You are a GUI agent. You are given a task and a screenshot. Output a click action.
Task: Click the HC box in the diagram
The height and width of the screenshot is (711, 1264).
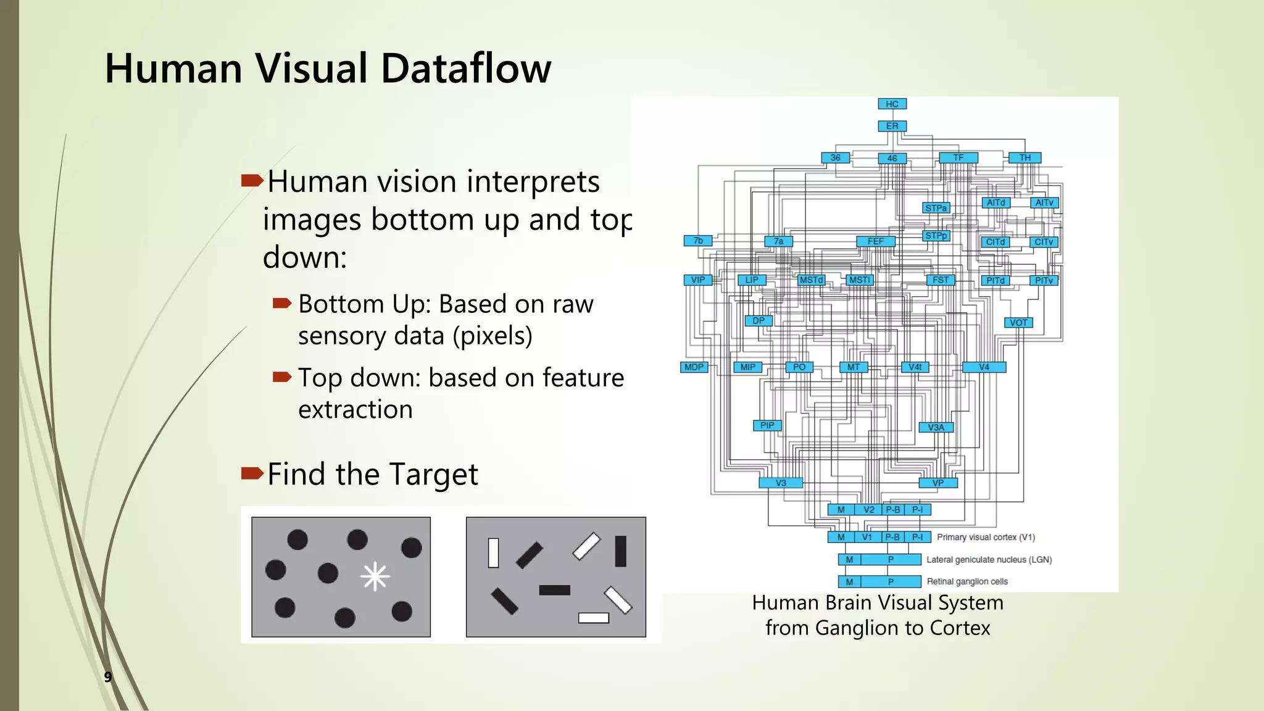(892, 104)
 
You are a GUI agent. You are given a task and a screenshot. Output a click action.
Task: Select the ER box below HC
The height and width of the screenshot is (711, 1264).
(892, 126)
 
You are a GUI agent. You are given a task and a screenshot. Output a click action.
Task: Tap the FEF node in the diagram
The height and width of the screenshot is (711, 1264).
(875, 241)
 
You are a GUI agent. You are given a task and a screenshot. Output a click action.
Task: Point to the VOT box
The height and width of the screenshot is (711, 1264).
(1018, 323)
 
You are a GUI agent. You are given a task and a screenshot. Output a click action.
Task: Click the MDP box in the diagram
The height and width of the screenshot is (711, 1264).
(694, 367)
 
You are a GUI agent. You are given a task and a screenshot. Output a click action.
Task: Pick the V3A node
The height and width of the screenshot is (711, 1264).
(936, 427)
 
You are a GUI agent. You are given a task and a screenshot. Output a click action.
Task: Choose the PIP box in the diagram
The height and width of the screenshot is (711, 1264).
(767, 425)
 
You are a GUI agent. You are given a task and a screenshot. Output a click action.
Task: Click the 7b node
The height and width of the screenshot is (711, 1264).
(698, 241)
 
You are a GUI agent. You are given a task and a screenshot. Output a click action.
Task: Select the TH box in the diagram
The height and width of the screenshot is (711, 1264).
(1025, 158)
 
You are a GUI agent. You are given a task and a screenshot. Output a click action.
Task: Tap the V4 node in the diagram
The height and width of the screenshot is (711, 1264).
(984, 367)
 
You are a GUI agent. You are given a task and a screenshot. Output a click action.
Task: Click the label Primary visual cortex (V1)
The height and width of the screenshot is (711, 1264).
(986, 537)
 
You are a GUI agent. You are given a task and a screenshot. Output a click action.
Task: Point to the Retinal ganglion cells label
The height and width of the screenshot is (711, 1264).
(967, 581)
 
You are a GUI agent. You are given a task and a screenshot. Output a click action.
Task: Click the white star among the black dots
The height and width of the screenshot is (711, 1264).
(375, 577)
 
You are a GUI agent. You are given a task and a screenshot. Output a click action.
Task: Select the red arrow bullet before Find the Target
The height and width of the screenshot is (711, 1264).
(252, 473)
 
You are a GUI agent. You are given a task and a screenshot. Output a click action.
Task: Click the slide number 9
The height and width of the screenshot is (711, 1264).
(108, 677)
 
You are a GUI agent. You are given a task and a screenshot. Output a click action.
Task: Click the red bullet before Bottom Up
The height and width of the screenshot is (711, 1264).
(282, 303)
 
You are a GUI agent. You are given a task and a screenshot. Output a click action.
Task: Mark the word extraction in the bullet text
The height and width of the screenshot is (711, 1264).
(355, 409)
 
